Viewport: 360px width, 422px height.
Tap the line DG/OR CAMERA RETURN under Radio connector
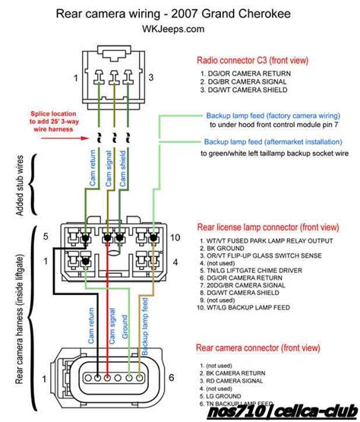click(x=251, y=73)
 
